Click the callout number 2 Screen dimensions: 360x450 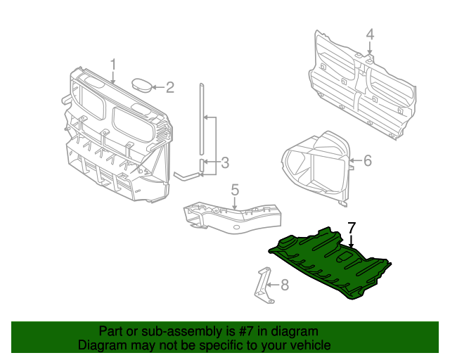click(x=169, y=88)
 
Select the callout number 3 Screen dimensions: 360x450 click(x=224, y=163)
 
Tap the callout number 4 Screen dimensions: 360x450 click(x=370, y=34)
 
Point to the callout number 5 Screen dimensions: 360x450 click(x=235, y=189)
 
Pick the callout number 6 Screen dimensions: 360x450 click(x=367, y=161)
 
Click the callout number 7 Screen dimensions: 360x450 click(x=352, y=227)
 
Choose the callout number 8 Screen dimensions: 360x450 click(x=284, y=285)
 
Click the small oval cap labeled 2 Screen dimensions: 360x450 click(x=142, y=85)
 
